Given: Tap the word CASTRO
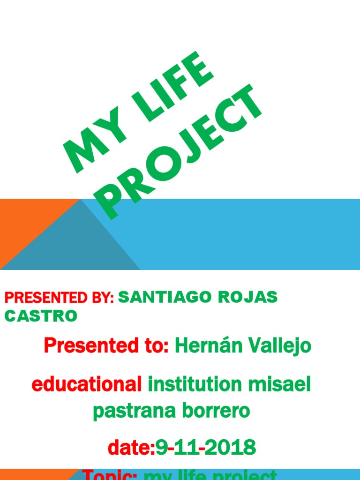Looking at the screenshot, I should click(41, 316).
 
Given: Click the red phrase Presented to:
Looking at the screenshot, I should click(106, 346).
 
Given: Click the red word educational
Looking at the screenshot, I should click(87, 385).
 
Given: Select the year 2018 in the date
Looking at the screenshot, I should click(230, 448).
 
